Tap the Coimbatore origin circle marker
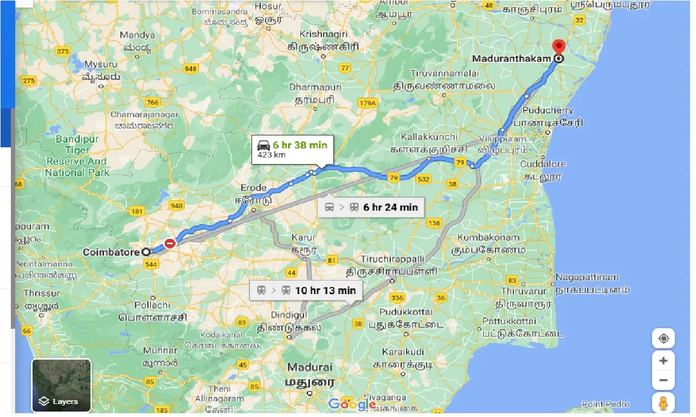tap(146, 252)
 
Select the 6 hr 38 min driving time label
tap(300, 145)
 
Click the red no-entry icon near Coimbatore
tap(170, 244)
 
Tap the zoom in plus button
tap(663, 361)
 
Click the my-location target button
tap(663, 339)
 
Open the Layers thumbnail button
tap(61, 386)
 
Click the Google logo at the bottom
tap(352, 404)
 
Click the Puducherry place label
tap(547, 110)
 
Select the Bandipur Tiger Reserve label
tap(77, 155)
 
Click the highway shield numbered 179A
tap(368, 103)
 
